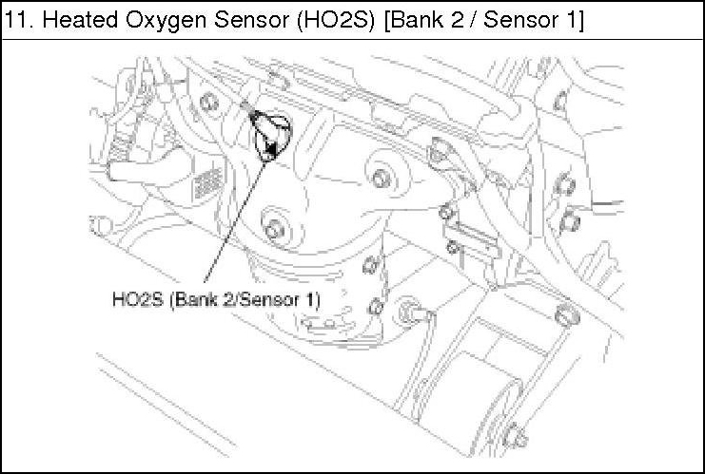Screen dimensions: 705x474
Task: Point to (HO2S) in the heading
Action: (336, 21)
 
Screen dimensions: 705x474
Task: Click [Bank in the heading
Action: (415, 21)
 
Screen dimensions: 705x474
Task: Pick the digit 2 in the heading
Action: (457, 20)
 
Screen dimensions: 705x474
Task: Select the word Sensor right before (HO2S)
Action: (252, 20)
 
